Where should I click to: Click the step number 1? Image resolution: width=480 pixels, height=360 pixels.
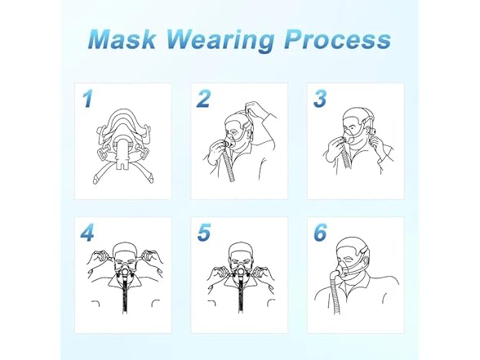[x=87, y=100]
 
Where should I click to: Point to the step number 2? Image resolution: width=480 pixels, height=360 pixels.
[x=203, y=100]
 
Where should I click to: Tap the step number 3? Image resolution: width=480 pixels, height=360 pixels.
[x=320, y=100]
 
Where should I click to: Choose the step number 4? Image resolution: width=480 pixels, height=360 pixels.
[x=87, y=233]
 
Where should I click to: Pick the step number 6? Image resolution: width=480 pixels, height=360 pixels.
[x=320, y=233]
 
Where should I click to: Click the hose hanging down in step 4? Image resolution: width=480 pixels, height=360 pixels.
[x=123, y=306]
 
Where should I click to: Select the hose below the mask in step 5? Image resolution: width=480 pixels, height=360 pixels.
[x=239, y=306]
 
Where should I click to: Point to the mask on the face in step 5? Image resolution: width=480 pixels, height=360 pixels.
[x=239, y=269]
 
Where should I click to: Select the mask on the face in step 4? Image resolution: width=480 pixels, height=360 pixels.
[x=123, y=269]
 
